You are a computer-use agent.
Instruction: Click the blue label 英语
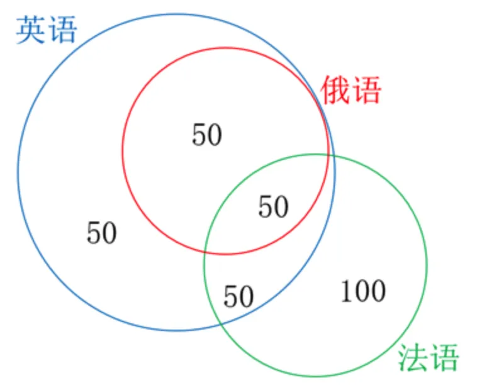point(47,30)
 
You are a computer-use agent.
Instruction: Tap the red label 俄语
point(351,90)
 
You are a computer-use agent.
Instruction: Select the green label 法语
point(429,357)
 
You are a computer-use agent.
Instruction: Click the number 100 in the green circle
point(363,291)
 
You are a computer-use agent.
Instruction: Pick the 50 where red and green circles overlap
point(273,207)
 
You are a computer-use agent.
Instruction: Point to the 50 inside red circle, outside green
point(207,135)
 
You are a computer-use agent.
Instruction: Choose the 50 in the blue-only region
point(101,233)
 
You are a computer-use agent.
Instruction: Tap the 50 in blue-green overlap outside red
point(239,296)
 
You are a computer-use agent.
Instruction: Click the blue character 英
point(30,30)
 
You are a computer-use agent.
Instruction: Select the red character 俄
point(335,90)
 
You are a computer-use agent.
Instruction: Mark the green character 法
point(413,357)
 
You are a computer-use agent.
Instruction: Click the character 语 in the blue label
point(63,30)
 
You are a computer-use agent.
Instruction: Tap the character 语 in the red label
point(367,90)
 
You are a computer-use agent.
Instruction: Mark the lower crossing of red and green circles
point(205,252)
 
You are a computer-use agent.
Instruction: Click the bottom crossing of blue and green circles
point(222,325)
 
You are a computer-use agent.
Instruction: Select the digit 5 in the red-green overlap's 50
point(266,207)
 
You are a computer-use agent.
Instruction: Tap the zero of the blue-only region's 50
point(109,233)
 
